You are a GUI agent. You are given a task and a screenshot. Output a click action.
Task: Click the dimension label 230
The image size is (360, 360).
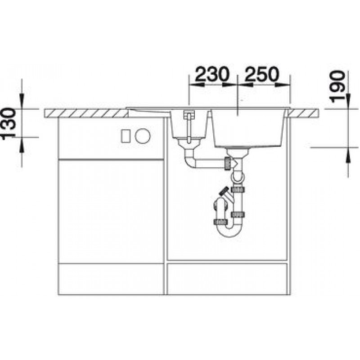[x=212, y=74]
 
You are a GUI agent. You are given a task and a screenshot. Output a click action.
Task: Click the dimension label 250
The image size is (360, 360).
[x=261, y=74]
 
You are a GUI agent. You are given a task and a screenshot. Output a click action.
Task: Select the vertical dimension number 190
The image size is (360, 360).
[x=337, y=86]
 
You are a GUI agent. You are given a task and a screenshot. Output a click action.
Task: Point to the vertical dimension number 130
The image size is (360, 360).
[x=8, y=123]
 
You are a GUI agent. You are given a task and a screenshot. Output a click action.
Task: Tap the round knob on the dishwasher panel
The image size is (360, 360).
[x=143, y=136]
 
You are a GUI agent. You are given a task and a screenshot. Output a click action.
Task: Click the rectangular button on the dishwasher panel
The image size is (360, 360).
[x=126, y=136]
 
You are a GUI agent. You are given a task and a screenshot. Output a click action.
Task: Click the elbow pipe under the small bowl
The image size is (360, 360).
[x=190, y=160]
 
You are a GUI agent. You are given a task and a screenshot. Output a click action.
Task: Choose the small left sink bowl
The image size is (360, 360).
[x=189, y=125]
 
